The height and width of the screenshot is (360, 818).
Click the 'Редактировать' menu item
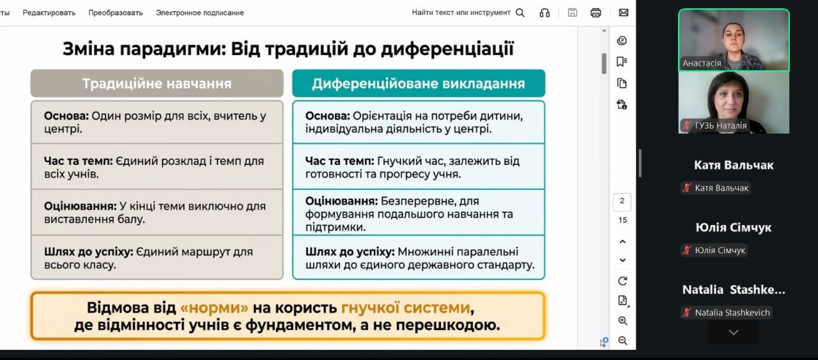(49, 13)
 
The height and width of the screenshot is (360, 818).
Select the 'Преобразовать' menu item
(116, 13)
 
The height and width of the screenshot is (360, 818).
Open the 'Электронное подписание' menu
(200, 13)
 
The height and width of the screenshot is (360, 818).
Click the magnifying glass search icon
(520, 13)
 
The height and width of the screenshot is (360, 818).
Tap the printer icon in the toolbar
(596, 13)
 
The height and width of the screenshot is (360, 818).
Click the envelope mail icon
(624, 12)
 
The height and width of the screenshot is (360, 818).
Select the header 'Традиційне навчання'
(157, 84)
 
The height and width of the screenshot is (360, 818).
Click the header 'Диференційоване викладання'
(419, 84)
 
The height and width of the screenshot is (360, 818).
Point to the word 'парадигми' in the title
(173, 49)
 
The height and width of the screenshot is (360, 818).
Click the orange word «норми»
(214, 308)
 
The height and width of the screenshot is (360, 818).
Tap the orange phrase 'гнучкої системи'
(405, 308)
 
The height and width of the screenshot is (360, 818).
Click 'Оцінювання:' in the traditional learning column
(81, 206)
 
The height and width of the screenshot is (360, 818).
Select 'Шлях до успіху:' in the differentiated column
(350, 252)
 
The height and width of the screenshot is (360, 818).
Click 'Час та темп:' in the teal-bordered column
(339, 161)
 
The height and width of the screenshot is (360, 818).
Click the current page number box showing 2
(622, 202)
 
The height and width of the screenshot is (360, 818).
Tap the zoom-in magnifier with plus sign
(622, 321)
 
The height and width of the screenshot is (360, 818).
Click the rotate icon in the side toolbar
(622, 281)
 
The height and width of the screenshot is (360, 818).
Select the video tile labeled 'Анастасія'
(734, 40)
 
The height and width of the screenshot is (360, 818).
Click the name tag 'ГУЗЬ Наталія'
(715, 125)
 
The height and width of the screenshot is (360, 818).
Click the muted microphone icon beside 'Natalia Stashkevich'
(686, 313)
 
